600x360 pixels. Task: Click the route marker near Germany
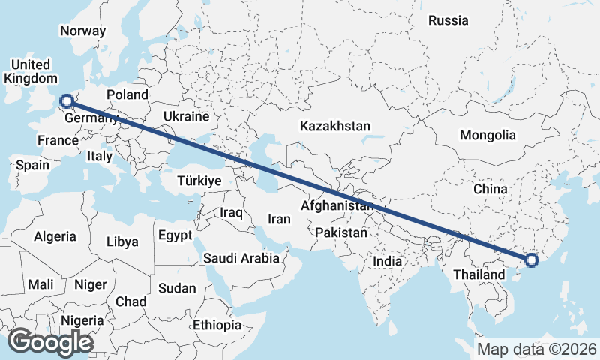pos(66,100)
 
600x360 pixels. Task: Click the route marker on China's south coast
pos(532,260)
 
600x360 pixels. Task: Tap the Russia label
pos(448,20)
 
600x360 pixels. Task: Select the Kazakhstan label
pos(334,126)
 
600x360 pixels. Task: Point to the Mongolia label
pos(488,136)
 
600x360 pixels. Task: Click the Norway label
pos(82,31)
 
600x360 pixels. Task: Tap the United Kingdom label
pos(30,71)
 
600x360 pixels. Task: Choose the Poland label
pos(127,94)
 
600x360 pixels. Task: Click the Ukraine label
pos(185,117)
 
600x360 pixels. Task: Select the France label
pos(58,140)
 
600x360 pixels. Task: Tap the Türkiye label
pos(199,181)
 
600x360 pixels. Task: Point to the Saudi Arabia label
pos(241,258)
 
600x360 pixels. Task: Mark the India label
pos(388,262)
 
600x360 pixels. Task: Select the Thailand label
pos(478,275)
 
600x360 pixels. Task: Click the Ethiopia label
pos(217,325)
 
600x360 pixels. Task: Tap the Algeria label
pos(55,236)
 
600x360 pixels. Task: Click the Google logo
pos(50,342)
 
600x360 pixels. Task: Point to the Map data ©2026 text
pos(537,349)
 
